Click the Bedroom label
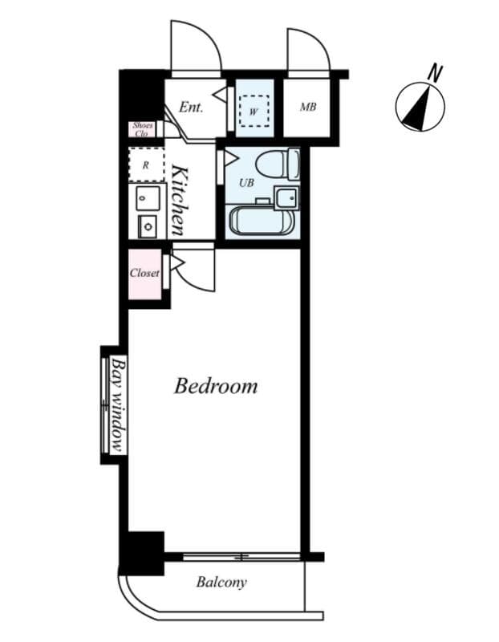(x=216, y=386)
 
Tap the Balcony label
(x=221, y=583)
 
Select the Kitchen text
(x=181, y=200)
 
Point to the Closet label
(x=144, y=273)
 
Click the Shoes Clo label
(x=143, y=129)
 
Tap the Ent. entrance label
(x=191, y=107)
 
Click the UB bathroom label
(x=247, y=183)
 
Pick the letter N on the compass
(x=435, y=73)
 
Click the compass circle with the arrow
(x=420, y=108)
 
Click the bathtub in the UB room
(x=261, y=221)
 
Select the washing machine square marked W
(x=254, y=111)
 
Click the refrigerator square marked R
(x=145, y=165)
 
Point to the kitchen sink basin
(x=147, y=197)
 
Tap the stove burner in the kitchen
(x=148, y=227)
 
